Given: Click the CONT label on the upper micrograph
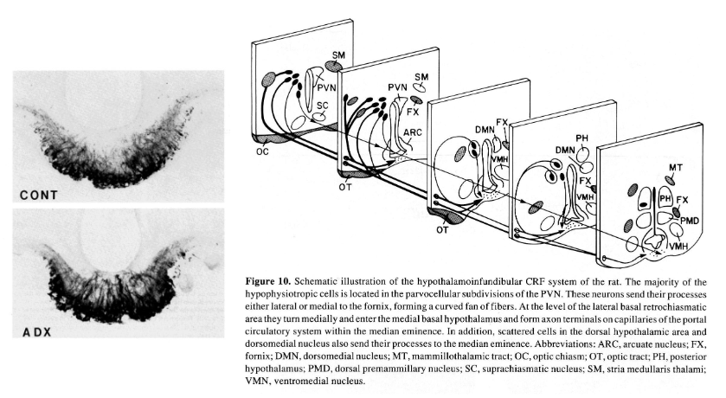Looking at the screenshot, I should pyautogui.click(x=41, y=194).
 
